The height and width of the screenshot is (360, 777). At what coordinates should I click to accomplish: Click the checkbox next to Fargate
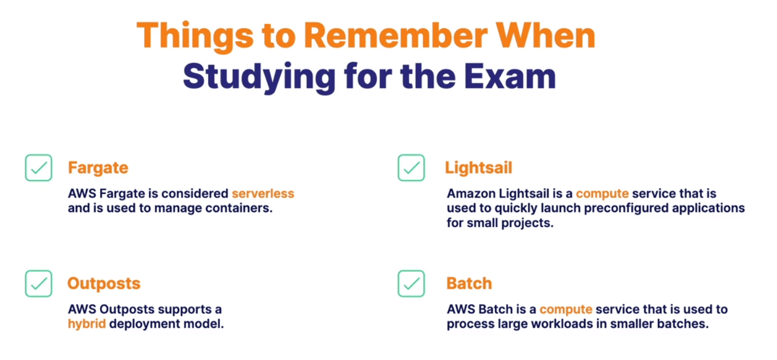point(38,168)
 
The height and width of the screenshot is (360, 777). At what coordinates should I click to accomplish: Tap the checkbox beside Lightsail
point(411,168)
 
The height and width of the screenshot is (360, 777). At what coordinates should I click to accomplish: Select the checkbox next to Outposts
point(38,284)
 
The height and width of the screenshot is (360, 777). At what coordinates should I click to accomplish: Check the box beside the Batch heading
point(411,284)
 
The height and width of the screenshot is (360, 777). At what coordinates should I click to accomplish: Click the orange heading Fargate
point(98,168)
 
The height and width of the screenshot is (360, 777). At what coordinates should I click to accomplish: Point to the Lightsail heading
point(479,168)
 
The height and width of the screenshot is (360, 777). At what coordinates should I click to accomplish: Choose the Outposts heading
point(104,283)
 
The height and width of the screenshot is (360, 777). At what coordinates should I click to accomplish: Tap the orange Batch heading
point(469,283)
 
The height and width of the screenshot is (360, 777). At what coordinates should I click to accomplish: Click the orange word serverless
point(263,193)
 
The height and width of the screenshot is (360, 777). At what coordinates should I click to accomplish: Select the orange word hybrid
point(86,324)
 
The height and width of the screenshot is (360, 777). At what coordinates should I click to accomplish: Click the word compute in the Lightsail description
point(602,193)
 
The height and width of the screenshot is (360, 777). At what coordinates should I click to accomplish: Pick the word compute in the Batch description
point(566,309)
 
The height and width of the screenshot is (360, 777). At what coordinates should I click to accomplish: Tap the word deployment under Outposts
point(148,324)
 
